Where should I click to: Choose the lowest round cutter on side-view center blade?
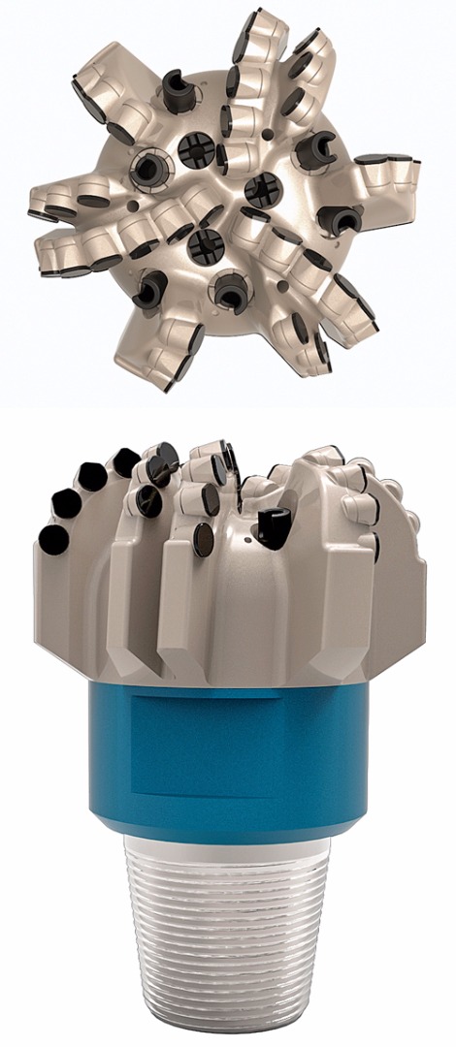pyautogui.click(x=203, y=539)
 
